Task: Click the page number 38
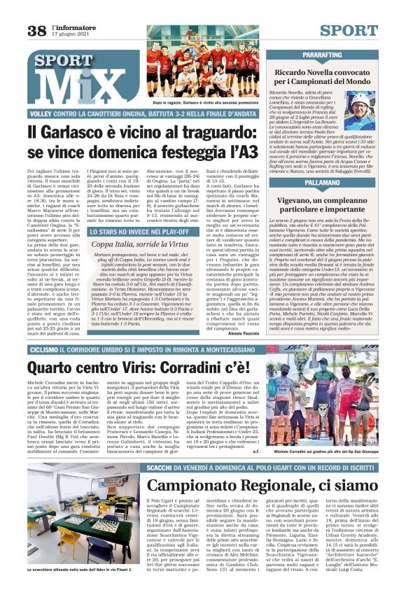(36, 30)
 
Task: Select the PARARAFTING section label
(323, 54)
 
